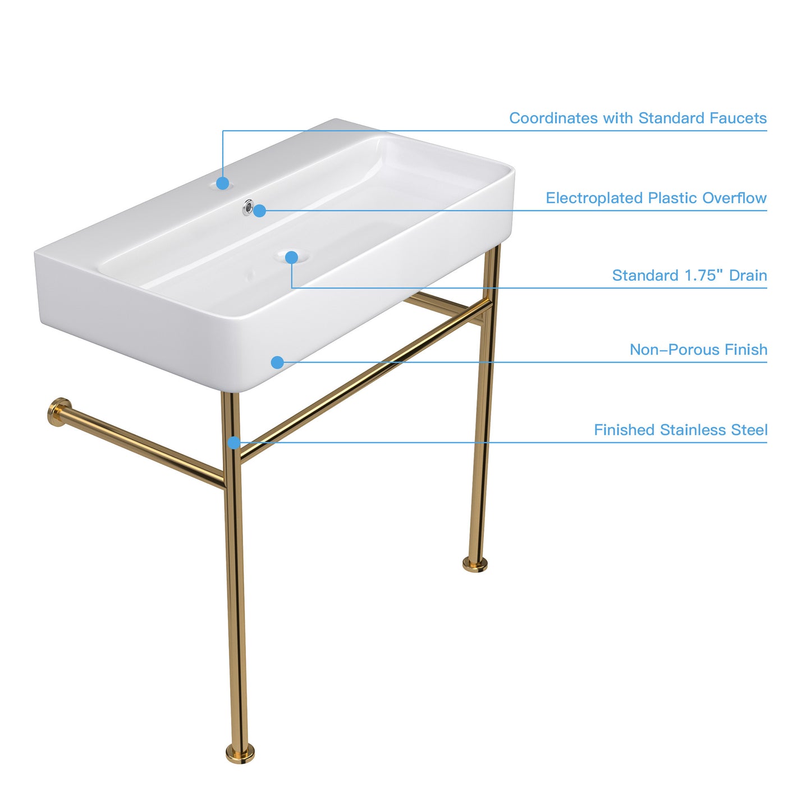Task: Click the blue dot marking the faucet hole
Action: click(x=223, y=183)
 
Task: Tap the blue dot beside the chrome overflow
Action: click(x=260, y=210)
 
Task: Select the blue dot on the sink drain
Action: click(x=292, y=257)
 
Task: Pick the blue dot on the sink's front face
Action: click(x=277, y=362)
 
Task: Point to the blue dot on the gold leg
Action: click(x=234, y=443)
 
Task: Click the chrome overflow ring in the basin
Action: click(x=248, y=207)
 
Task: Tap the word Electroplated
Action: click(x=594, y=198)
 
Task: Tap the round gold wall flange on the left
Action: click(x=58, y=412)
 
